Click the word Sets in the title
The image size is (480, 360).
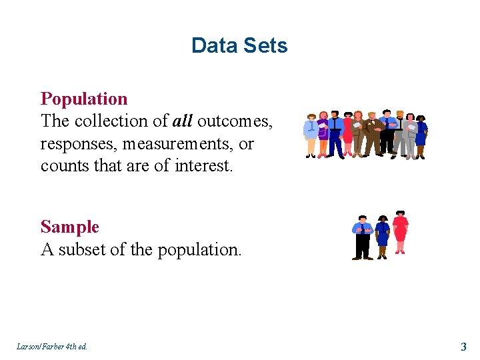click(x=265, y=45)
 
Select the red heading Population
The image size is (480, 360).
click(x=84, y=99)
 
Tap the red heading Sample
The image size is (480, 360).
click(x=69, y=227)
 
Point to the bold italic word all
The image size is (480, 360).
click(x=182, y=121)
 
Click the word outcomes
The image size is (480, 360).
click(x=235, y=121)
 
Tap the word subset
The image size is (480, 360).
click(x=81, y=250)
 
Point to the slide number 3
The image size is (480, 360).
click(x=463, y=347)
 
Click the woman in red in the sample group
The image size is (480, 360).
click(x=400, y=232)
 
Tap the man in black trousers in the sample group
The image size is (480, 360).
click(x=363, y=237)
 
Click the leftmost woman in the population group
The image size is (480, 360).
click(x=311, y=135)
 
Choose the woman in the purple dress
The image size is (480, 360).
click(x=324, y=133)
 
